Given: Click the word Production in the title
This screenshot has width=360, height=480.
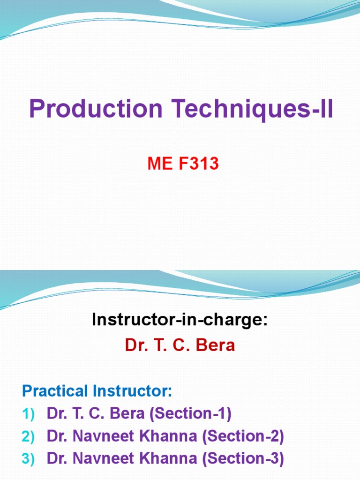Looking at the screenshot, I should tap(96, 109).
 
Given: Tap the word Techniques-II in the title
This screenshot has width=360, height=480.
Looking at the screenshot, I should tap(252, 109).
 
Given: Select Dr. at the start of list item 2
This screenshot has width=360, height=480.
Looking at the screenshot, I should tap(56, 436).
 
